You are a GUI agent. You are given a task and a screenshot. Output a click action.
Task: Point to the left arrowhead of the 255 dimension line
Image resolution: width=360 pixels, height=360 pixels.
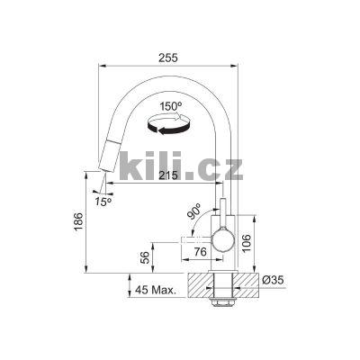pos(100,66)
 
